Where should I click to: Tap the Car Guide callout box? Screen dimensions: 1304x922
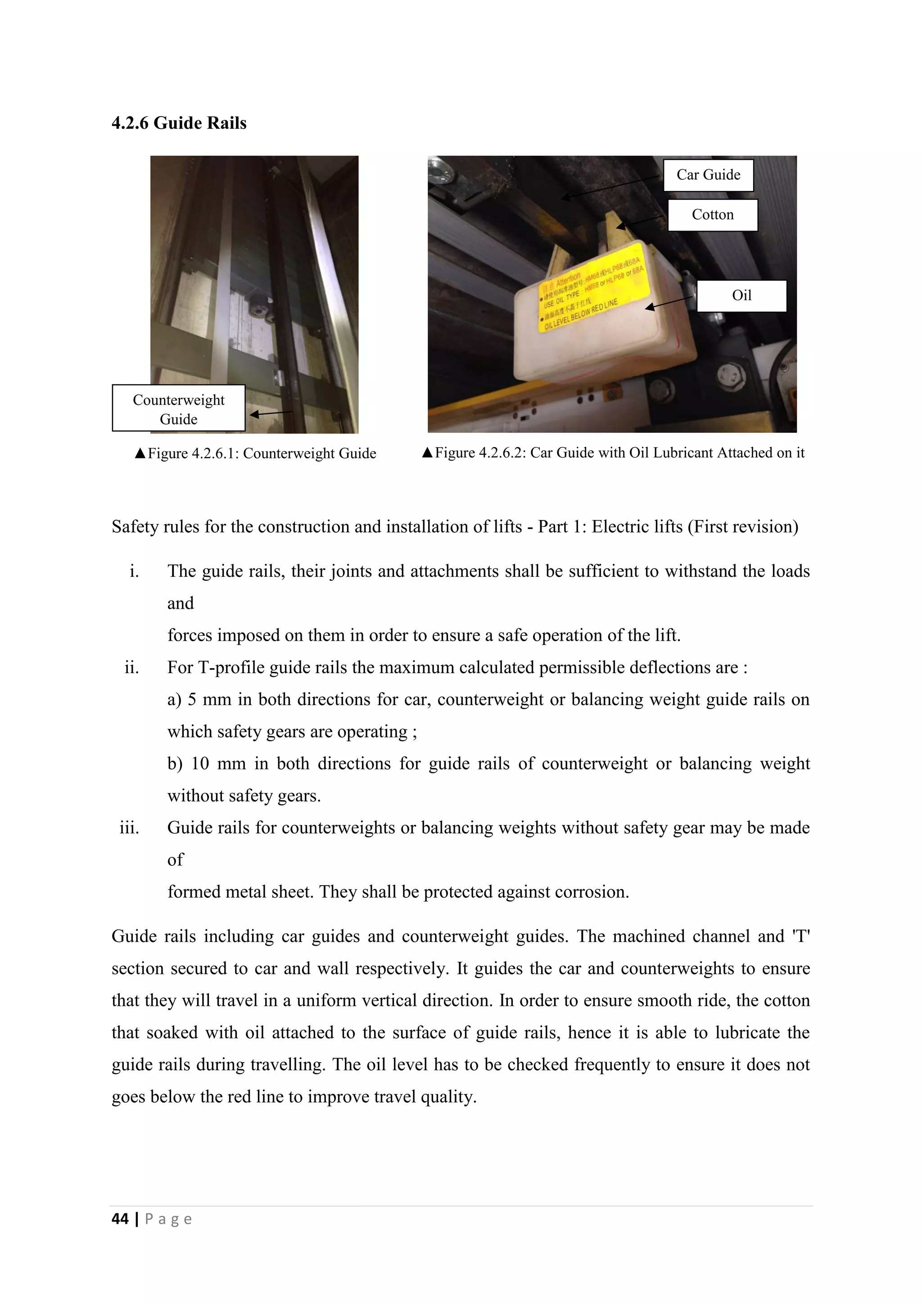[x=708, y=175]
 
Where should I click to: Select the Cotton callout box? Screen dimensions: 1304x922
[x=713, y=215]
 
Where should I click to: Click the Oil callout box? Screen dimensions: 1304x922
[x=741, y=295]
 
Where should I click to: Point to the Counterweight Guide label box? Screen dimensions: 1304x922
[x=178, y=409]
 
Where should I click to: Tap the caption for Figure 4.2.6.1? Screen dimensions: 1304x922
[x=255, y=453]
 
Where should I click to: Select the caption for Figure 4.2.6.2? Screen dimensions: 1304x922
[x=613, y=453]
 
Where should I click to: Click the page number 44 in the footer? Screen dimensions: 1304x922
[x=120, y=1219]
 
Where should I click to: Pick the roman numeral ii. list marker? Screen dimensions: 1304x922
[x=132, y=667]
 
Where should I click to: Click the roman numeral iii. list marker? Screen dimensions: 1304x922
[x=130, y=828]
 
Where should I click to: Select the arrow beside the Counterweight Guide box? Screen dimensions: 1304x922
[x=270, y=414]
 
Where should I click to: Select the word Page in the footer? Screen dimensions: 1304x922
[x=169, y=1219]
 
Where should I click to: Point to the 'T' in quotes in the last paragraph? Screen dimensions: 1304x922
[x=800, y=936]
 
